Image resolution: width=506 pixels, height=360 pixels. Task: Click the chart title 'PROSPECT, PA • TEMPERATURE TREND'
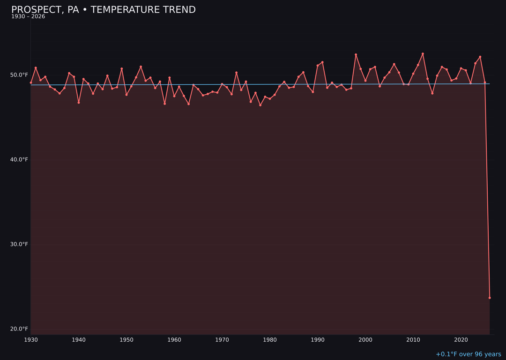[104, 10]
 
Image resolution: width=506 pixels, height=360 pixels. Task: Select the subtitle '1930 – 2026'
[28, 17]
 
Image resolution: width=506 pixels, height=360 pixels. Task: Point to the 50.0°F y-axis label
[19, 75]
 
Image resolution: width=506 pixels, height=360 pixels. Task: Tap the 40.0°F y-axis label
[19, 160]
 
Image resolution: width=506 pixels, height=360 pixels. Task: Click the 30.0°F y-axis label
[19, 244]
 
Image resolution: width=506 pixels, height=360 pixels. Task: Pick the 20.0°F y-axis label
[19, 329]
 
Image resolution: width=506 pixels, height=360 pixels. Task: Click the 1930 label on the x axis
[31, 340]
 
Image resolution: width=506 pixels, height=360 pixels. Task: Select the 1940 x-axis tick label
[79, 340]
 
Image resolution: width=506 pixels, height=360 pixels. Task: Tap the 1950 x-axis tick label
[126, 340]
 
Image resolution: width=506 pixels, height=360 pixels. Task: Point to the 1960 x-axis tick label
[174, 340]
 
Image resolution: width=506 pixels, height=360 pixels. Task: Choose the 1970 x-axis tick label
[222, 340]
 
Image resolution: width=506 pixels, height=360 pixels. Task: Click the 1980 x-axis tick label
[270, 340]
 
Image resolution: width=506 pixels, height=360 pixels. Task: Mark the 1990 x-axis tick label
[318, 340]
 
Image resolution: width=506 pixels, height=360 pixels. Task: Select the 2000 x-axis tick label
[365, 340]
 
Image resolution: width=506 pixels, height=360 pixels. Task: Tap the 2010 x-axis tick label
[413, 340]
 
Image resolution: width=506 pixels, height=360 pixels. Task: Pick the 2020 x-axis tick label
[461, 340]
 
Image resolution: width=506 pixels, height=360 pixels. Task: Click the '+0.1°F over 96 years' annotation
[468, 354]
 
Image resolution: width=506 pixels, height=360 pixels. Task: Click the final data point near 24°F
[490, 298]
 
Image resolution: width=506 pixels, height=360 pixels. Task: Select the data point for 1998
[356, 55]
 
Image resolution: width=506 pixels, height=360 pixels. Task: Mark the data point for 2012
[423, 54]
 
